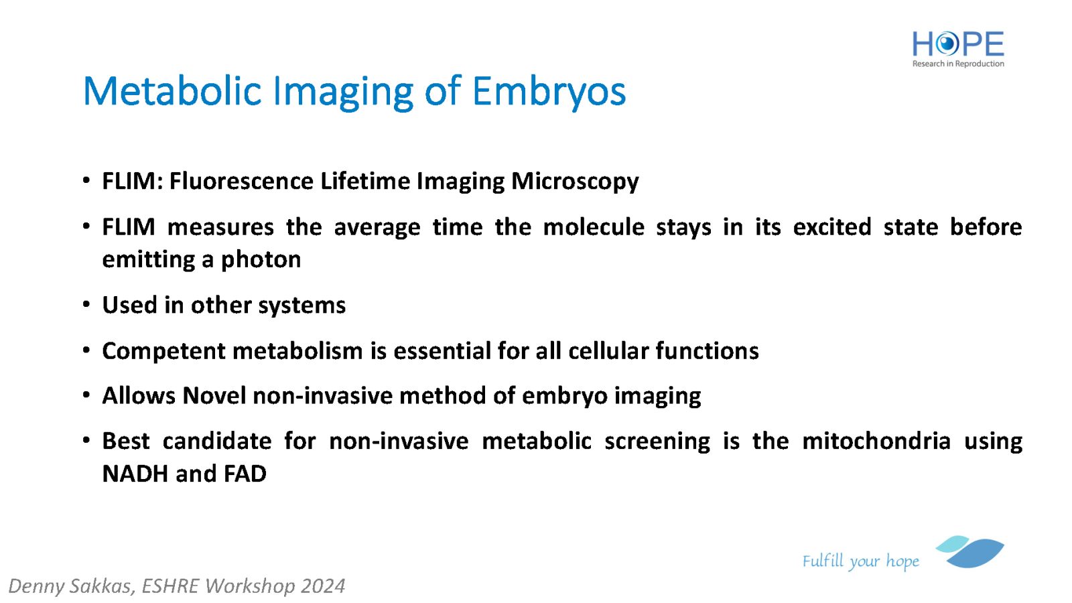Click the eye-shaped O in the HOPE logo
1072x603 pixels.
pos(946,44)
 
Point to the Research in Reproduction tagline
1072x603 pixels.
pos(958,64)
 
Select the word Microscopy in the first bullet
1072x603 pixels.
pos(575,182)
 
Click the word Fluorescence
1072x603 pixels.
pos(241,181)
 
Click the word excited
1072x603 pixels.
pos(831,227)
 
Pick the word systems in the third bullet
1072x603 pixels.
pos(301,306)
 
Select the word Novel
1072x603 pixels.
pos(214,396)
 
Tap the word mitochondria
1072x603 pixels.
pos(876,441)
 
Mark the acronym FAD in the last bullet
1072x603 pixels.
pos(245,474)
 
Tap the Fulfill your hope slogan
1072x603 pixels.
pos(860,561)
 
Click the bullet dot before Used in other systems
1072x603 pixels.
pos(86,304)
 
